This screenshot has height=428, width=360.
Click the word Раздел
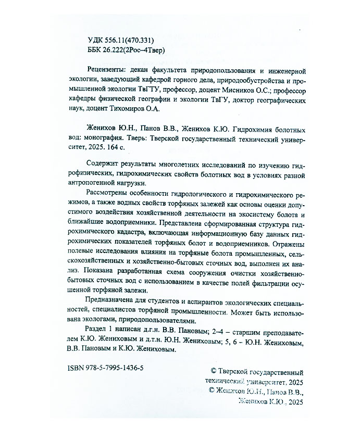pos(94,331)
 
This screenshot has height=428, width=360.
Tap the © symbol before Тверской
pos(211,373)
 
